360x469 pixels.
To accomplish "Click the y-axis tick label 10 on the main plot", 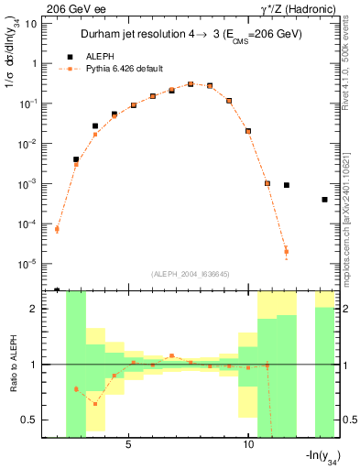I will (32, 23).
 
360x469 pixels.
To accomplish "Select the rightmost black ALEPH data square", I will (324, 200).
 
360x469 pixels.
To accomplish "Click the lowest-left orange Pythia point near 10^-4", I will (57, 229).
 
